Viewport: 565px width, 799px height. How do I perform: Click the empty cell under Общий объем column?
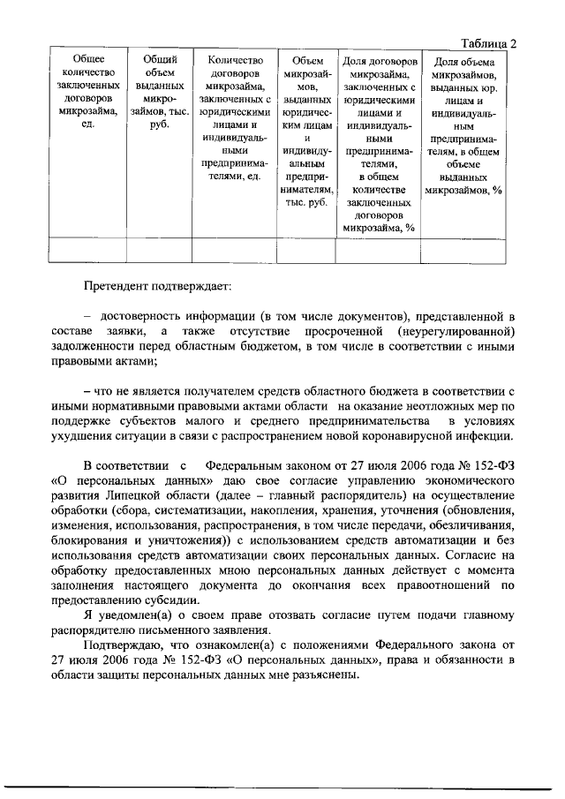(160, 251)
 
